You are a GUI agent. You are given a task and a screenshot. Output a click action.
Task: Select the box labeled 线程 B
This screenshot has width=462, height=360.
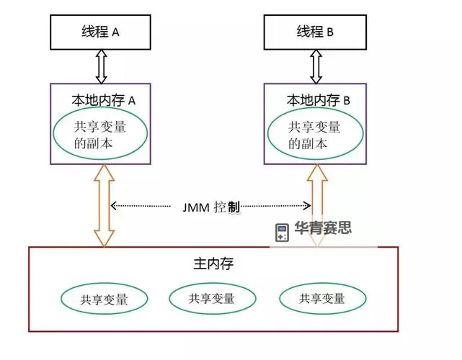314,32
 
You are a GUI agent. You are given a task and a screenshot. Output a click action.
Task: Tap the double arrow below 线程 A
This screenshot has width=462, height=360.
101,66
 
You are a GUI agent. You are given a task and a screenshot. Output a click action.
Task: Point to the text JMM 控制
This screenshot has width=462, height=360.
212,207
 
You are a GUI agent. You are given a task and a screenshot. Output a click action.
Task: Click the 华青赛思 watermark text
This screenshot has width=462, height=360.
323,229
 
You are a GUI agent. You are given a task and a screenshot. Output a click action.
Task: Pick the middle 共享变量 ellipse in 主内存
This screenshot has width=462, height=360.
212,297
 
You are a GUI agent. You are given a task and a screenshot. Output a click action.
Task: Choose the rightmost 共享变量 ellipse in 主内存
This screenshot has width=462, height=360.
322,298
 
